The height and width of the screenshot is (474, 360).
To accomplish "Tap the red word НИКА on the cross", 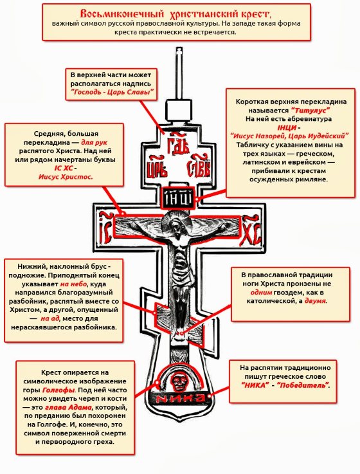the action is coord(180,398).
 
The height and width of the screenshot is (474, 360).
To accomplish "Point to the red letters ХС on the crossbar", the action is coord(251,230).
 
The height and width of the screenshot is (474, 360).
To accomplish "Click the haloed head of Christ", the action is coord(175,224).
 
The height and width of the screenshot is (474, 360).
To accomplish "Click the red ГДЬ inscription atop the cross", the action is coord(178,142).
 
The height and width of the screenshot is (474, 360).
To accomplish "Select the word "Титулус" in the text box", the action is coord(310,110).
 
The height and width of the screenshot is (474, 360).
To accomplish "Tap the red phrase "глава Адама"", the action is coord(68,407).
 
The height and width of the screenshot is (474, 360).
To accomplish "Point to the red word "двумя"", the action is coord(315,301).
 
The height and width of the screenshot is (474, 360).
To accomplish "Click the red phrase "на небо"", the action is coord(73,284).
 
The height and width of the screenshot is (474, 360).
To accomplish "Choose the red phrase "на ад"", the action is coord(50,318).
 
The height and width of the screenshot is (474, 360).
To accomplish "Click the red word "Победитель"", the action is coord(302,385).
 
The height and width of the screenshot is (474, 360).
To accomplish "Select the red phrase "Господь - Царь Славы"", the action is coord(112,92).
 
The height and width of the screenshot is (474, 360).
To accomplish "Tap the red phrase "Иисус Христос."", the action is coord(66,177).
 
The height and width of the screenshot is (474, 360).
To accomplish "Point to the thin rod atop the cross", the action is coord(179,73).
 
